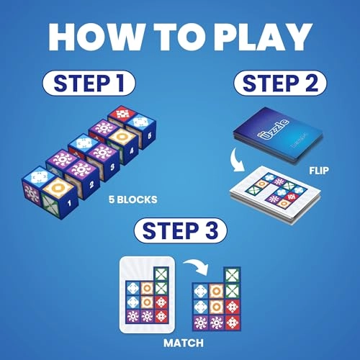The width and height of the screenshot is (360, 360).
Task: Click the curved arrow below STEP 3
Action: [188, 268]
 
